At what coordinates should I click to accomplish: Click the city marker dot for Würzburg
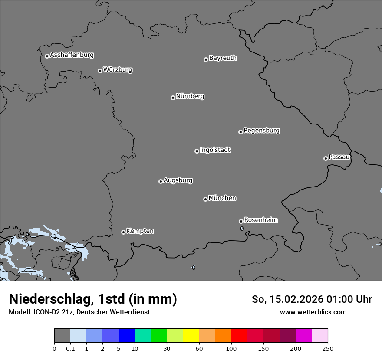point(100,71)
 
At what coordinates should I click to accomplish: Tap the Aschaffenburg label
point(72,55)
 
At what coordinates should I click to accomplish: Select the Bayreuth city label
point(223,58)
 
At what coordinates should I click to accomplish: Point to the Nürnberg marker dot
point(173,98)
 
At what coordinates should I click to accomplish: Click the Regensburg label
point(261,131)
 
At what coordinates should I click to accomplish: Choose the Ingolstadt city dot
point(197,151)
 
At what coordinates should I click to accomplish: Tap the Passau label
point(339,157)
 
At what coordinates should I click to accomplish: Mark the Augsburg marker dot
point(161,181)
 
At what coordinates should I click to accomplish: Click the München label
point(222,198)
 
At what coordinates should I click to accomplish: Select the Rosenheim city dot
point(241,222)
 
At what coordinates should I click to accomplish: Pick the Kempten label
point(140,231)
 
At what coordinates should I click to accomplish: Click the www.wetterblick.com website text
point(313,312)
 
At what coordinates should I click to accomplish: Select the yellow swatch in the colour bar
point(191,336)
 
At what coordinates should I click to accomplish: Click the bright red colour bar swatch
point(239,336)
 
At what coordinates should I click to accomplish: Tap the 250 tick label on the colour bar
point(328,349)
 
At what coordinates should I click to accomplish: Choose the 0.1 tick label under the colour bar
point(70,349)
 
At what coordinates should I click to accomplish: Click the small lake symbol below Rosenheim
point(242,229)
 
